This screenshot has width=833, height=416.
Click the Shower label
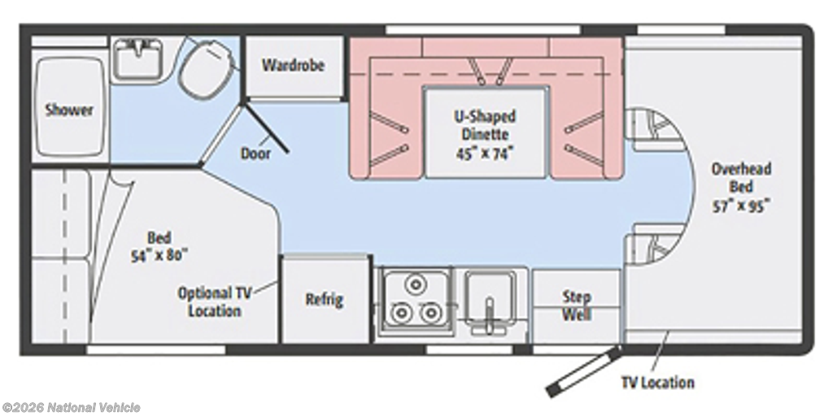(x=68, y=110)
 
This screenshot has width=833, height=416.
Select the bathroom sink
(x=137, y=58)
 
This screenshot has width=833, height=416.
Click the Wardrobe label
(x=293, y=65)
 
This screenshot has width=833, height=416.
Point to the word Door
(x=255, y=153)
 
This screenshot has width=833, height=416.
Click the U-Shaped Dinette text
(x=485, y=125)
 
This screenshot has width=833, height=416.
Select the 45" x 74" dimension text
(x=485, y=153)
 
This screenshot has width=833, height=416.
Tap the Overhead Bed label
(x=741, y=177)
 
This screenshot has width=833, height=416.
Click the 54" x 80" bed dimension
(x=159, y=253)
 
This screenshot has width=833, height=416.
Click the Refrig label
(x=324, y=299)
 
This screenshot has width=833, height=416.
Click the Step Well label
(x=576, y=305)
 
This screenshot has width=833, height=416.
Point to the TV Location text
(x=657, y=382)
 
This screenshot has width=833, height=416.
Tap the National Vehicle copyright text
(x=72, y=407)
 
